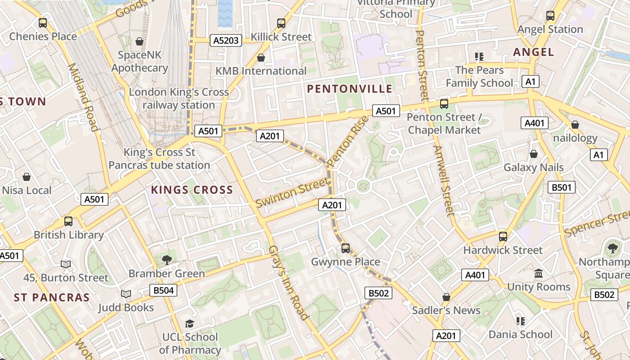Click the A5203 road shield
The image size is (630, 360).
click(226, 41)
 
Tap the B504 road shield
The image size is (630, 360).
click(163, 290)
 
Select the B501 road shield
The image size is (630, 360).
click(561, 187)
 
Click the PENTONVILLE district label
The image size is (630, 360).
click(350, 89)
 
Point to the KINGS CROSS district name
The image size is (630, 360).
click(192, 190)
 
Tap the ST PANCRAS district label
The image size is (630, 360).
click(52, 297)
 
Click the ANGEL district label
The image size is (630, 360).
click(534, 52)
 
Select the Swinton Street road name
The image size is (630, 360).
click(292, 192)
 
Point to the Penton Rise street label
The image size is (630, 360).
click(347, 141)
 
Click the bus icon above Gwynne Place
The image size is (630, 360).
click(346, 248)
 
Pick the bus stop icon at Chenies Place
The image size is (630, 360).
click(43, 22)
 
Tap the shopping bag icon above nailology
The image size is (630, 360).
click(575, 125)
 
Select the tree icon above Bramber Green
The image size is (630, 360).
click(166, 260)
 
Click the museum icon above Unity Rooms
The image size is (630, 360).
click(538, 274)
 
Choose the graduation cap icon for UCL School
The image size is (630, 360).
click(189, 324)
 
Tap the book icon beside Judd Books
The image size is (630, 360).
click(126, 294)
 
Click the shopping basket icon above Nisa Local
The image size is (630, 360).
click(27, 177)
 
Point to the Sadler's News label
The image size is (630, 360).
click(446, 310)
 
